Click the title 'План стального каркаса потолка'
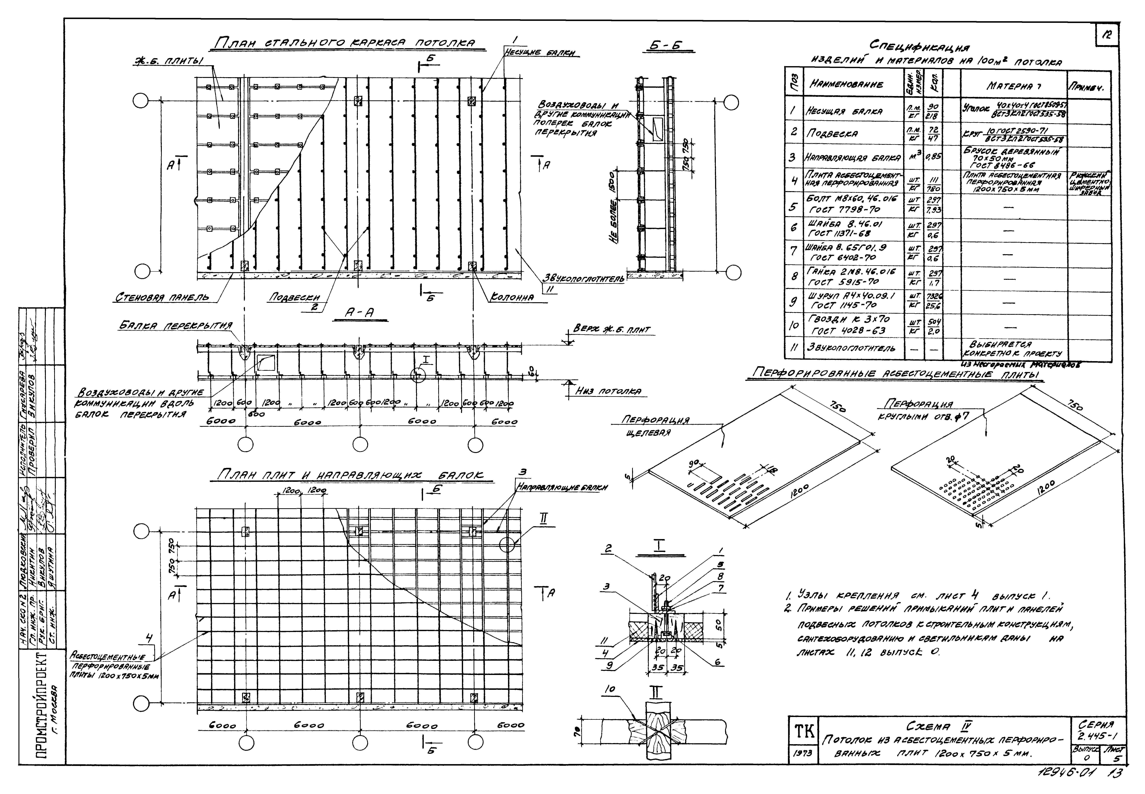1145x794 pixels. [x=343, y=44]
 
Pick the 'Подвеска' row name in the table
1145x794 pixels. [x=828, y=133]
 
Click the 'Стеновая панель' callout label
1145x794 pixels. [x=162, y=298]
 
